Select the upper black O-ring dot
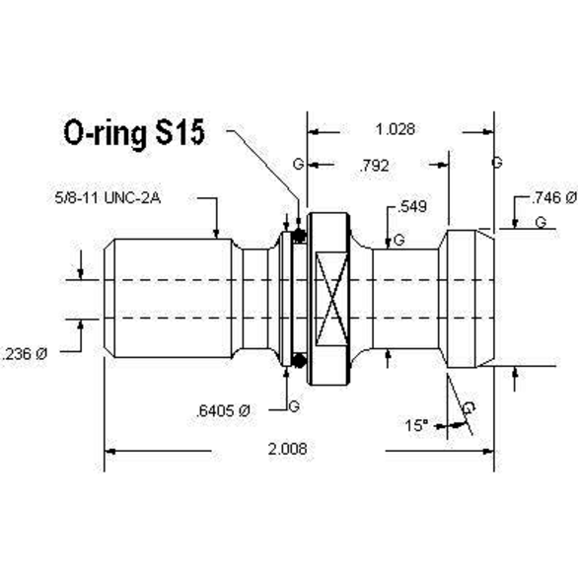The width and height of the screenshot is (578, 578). [x=297, y=237]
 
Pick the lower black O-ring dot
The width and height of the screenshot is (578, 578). [x=297, y=362]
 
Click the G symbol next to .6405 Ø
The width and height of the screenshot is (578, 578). [x=294, y=406]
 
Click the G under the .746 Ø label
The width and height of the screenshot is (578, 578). [x=541, y=224]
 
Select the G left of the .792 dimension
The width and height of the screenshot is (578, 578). [x=298, y=164]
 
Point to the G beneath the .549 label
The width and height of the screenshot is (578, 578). [x=398, y=240]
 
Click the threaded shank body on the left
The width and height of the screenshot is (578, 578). [x=173, y=301]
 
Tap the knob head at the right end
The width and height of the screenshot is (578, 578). [x=470, y=301]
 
